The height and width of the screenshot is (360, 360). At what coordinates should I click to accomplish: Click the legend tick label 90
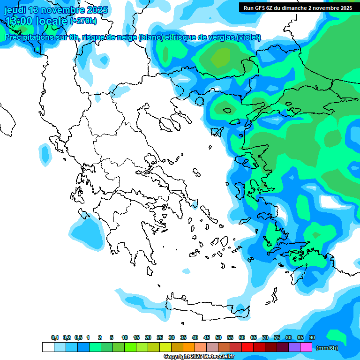pyautogui.click(x=312, y=337)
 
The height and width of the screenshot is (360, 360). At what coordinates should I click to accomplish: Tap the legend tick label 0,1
pyautogui.click(x=55, y=337)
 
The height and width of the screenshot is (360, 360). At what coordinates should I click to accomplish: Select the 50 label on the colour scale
pyautogui.click(x=218, y=337)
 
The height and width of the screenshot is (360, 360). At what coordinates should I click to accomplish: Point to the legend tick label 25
pyautogui.click(x=160, y=337)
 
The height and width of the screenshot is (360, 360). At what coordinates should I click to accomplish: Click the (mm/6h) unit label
pyautogui.click(x=327, y=348)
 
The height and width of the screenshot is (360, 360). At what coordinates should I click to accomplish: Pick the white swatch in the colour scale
pyautogui.click(x=48, y=347)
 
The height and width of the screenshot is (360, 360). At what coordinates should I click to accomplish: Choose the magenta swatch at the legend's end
pyautogui.click(x=306, y=347)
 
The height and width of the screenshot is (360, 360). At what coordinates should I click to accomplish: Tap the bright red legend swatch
pyautogui.click(x=247, y=347)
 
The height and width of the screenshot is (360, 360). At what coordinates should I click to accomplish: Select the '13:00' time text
pyautogui.click(x=19, y=21)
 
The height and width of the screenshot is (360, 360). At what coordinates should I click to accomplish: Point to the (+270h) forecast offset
pyautogui.click(x=83, y=21)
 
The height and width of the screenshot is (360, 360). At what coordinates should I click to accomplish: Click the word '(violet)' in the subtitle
pyautogui.click(x=248, y=37)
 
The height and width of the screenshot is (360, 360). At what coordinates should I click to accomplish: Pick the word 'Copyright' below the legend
pyautogui.click(x=176, y=357)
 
